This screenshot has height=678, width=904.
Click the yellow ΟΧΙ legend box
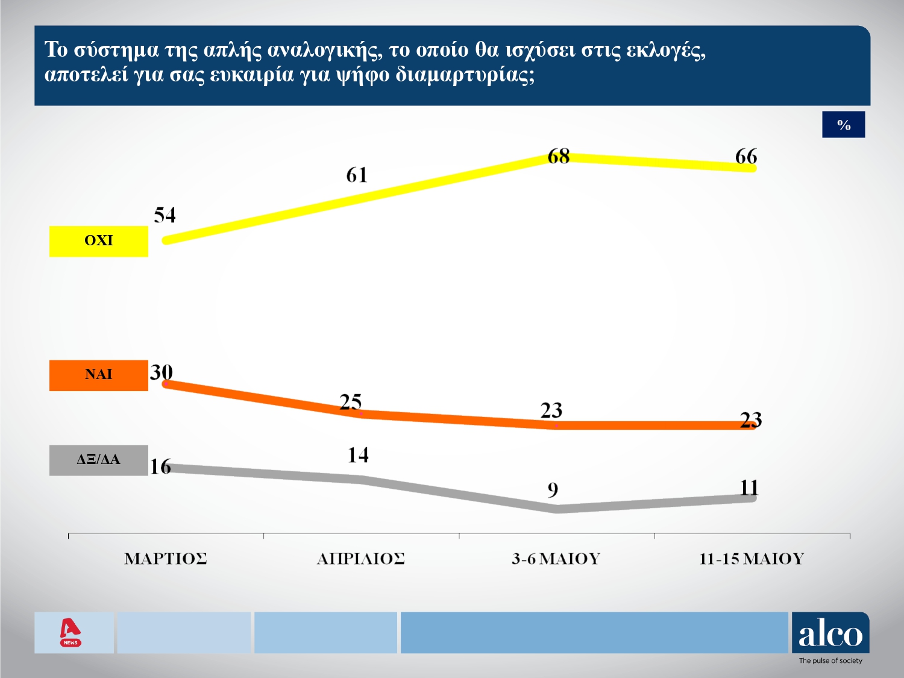click(99, 241)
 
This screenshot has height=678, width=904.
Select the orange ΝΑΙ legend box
click(99, 375)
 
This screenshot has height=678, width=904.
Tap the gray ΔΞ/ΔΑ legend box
click(99, 460)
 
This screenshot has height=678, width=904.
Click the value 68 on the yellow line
click(558, 157)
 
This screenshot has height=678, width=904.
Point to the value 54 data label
click(165, 215)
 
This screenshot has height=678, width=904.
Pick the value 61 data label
click(356, 175)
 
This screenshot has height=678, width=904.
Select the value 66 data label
click(745, 157)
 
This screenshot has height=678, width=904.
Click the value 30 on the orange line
click(161, 372)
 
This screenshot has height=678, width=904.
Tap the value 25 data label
click(350, 402)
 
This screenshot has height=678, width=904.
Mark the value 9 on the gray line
click(553, 491)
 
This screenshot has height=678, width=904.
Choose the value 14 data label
click(358, 455)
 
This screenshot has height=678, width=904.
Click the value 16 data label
click(160, 466)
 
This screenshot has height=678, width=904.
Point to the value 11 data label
click(749, 488)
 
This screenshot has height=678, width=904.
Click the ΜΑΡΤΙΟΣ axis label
click(166, 559)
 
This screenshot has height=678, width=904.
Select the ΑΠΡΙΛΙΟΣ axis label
click(360, 559)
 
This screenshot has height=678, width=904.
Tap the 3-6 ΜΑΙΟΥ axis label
click(556, 559)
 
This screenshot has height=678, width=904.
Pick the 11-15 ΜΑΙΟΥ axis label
click(752, 559)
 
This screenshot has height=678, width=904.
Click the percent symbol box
click(843, 125)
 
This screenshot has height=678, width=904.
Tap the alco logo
click(830, 634)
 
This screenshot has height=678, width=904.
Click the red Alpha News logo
click(71, 632)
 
